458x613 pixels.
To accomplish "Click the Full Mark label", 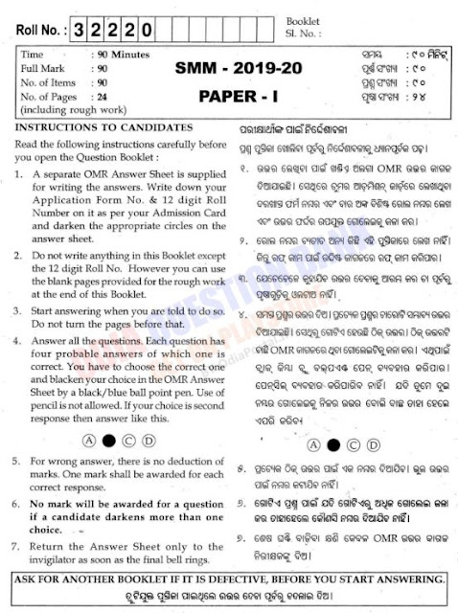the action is click(41, 71).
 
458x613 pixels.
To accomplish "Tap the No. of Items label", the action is click(48, 84).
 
